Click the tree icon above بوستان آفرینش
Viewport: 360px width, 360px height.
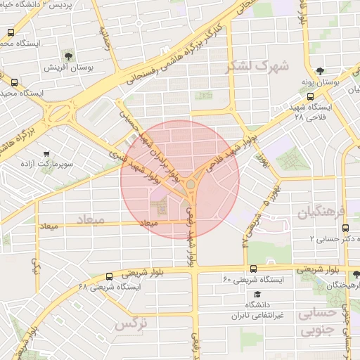[67, 55]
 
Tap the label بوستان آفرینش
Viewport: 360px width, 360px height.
[66, 67]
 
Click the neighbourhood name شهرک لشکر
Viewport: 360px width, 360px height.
[257, 67]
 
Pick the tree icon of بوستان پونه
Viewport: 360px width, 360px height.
[321, 71]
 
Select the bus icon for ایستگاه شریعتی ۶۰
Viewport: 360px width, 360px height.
[253, 268]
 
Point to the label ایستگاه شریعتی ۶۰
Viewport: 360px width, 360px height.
[262, 280]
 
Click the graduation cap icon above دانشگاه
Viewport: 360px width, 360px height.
[258, 293]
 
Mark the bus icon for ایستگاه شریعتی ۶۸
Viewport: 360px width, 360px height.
[109, 276]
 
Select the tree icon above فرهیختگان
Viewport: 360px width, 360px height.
[356, 274]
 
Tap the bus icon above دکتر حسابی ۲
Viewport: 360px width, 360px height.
[345, 228]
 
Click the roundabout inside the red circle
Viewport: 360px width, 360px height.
[191, 184]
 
